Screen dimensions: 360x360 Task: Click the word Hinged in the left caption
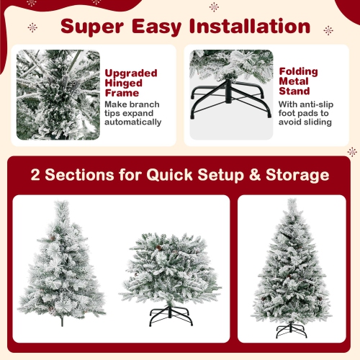pos(123,83)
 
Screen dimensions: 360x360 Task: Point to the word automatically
pos(133,122)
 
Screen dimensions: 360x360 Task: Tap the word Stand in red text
pos(294,92)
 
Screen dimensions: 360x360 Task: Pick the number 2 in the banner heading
pos(35,175)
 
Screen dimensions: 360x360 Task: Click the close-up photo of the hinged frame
pos(58,94)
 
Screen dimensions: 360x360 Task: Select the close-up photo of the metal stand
pos(231,94)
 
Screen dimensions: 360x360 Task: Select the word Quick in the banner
pos(178,175)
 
